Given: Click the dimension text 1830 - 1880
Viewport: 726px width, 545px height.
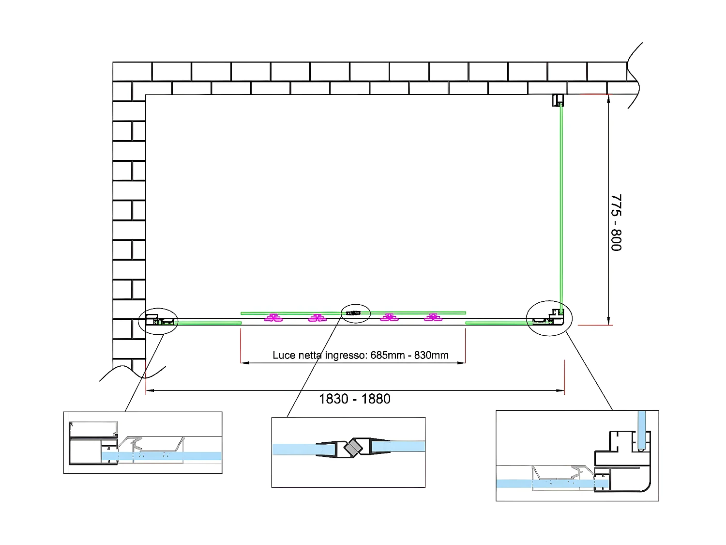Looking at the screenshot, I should tap(355, 399).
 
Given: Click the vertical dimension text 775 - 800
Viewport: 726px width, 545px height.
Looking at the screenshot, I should tap(616, 222).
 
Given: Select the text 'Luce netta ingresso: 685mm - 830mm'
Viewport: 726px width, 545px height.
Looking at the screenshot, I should tap(361, 355).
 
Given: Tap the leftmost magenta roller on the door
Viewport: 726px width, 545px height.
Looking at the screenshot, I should tap(274, 318).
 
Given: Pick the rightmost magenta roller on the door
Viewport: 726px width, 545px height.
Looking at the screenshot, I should tap(433, 318).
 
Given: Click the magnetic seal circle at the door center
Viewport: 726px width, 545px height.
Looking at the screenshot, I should tap(356, 313).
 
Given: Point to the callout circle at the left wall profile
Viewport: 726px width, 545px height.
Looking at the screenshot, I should tap(158, 321).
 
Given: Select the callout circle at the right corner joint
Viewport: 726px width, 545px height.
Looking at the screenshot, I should tap(549, 318).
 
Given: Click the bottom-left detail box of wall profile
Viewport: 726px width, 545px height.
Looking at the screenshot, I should tap(143, 442).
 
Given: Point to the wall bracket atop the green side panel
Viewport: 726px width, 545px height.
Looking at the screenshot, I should tap(559, 100).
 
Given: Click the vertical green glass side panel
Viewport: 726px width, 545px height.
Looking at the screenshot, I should tap(561, 203).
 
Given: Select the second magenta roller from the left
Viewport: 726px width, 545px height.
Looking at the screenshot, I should tap(318, 318).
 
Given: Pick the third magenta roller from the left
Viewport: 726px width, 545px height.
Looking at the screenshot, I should tap(389, 318).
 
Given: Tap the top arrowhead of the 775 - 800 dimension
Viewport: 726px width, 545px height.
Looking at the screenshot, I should tap(608, 97).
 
